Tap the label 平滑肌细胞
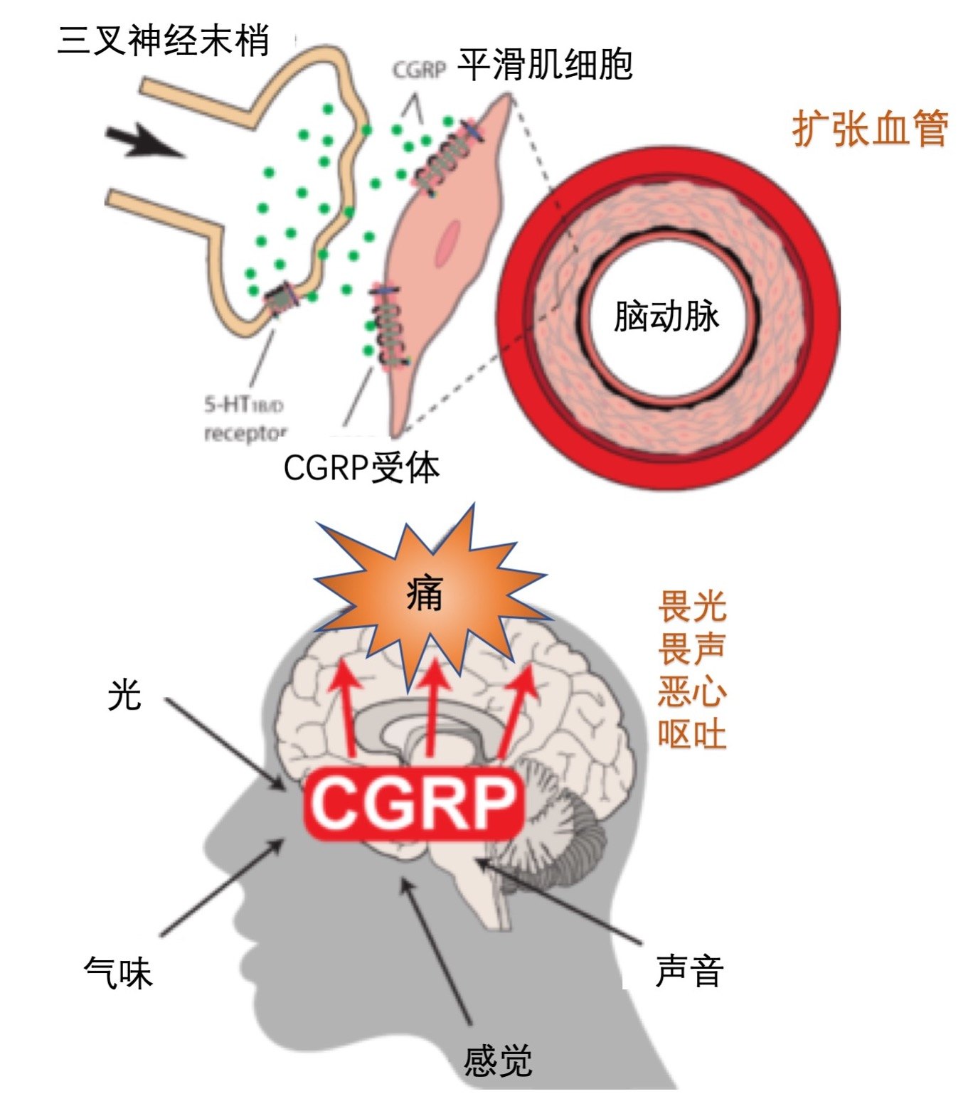(544, 65)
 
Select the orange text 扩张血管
(869, 129)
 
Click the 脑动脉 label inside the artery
(666, 316)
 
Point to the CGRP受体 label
(361, 467)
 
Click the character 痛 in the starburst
(425, 592)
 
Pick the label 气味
(118, 972)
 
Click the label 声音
(688, 971)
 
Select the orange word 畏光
(691, 606)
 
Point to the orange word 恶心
(691, 691)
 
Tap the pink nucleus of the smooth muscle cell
(450, 242)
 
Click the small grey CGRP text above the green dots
(419, 70)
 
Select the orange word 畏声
(691, 649)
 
